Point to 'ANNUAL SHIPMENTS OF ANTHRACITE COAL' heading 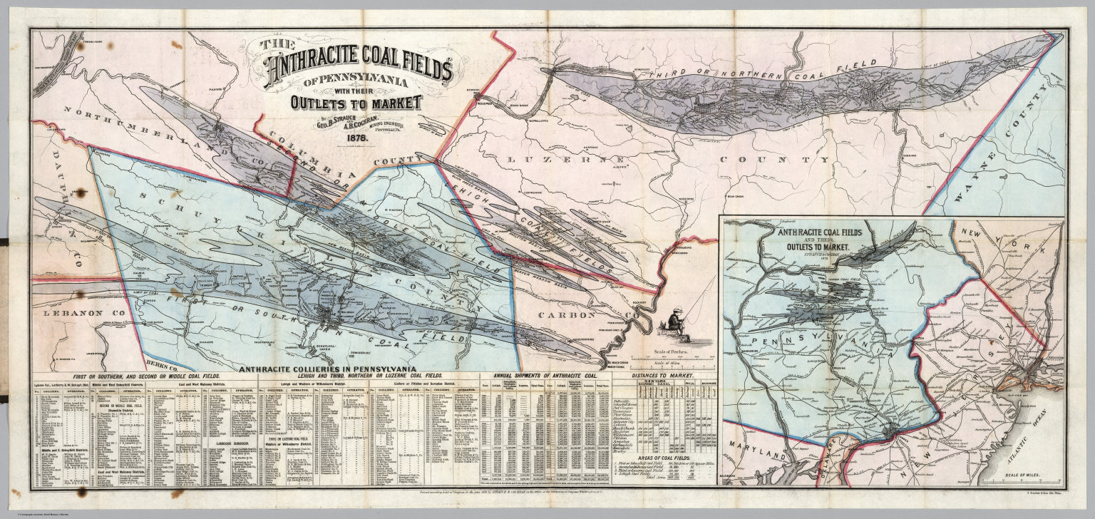543,376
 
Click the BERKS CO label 161,364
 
